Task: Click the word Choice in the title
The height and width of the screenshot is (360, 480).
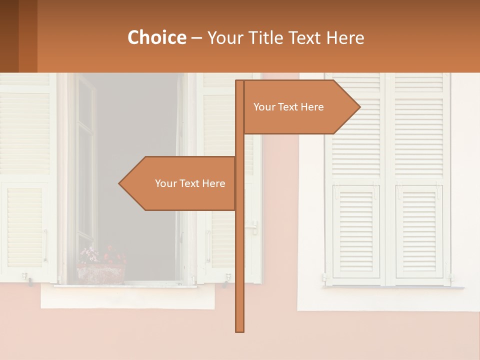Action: (156, 37)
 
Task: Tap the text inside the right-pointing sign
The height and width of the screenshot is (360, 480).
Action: (288, 107)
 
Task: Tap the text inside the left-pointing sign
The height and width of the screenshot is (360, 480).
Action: (190, 183)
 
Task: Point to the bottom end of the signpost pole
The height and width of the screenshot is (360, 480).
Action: (240, 330)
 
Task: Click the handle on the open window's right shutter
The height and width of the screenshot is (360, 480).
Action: (254, 227)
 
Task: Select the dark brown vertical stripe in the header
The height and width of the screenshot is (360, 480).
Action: (9, 36)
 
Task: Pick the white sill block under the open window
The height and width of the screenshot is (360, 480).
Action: (127, 297)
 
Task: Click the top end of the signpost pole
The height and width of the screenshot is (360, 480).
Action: (240, 82)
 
